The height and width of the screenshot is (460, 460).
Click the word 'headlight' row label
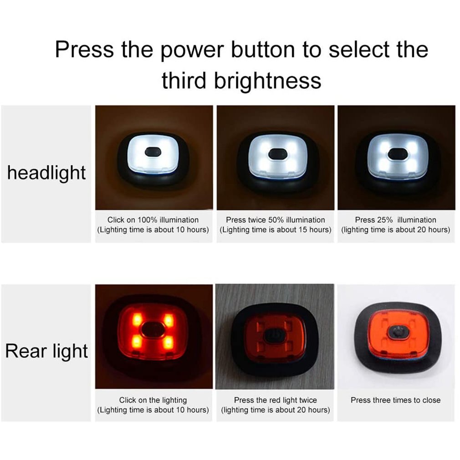click(46, 173)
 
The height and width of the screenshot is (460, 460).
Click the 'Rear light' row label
click(46, 351)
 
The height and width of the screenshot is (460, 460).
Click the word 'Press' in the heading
click(84, 49)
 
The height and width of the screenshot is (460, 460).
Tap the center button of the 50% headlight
click(276, 154)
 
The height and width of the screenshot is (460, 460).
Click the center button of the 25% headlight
click(397, 154)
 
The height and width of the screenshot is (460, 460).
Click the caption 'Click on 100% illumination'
click(153, 220)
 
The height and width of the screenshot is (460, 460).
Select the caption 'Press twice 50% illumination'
click(276, 220)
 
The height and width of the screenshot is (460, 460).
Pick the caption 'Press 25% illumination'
click(395, 220)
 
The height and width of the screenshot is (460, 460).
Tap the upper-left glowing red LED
click(137, 319)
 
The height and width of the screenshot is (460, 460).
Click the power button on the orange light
click(396, 332)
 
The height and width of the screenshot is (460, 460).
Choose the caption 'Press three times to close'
click(395, 400)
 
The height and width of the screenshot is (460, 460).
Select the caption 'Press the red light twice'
click(275, 400)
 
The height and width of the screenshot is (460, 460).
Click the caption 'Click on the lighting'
click(153, 400)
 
